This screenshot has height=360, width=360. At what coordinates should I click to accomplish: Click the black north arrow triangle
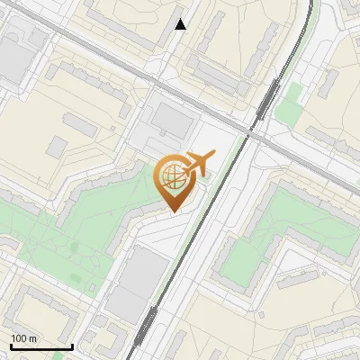click(181, 24)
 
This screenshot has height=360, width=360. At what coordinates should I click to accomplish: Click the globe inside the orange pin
click(171, 177)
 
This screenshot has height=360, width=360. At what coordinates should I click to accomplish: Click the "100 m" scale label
click(23, 338)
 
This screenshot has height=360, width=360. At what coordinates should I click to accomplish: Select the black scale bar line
click(41, 346)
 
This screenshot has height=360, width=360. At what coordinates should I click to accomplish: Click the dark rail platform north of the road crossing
click(267, 99)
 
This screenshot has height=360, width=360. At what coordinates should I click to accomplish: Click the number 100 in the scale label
click(18, 338)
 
